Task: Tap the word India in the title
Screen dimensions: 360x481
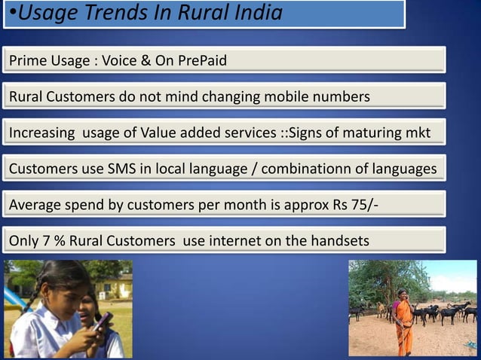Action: (254, 13)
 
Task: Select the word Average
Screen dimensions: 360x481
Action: (35, 205)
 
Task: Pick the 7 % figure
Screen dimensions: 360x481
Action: (49, 241)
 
